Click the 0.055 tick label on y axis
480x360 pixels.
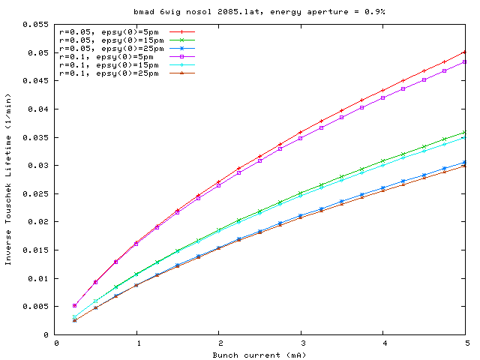tap(36, 25)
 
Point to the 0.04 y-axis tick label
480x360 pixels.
tap(38, 109)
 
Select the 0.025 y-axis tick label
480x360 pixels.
tap(36, 193)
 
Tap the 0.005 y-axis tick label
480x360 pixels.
tap(36, 307)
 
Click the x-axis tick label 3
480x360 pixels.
tap(301, 343)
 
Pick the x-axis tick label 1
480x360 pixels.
tap(136, 343)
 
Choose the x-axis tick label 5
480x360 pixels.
tap(465, 343)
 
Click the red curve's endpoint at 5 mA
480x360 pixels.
tap(465, 52)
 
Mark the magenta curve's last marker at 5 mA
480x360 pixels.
tap(465, 61)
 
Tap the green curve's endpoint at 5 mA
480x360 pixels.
tap(465, 132)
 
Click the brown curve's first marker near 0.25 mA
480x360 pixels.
tap(75, 320)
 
